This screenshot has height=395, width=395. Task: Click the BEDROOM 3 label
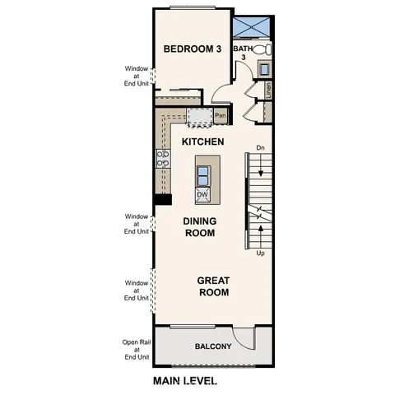pyautogui.click(x=192, y=49)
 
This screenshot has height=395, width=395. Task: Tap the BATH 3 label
pyautogui.click(x=243, y=54)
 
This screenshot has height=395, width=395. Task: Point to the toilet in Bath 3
pyautogui.click(x=263, y=50)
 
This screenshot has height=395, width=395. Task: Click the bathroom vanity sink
pyautogui.click(x=265, y=69)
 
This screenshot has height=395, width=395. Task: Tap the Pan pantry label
pyautogui.click(x=220, y=116)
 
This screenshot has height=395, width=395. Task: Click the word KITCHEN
pyautogui.click(x=202, y=142)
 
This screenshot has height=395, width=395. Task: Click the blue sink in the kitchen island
pyautogui.click(x=202, y=173)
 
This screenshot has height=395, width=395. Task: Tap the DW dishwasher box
pyautogui.click(x=202, y=195)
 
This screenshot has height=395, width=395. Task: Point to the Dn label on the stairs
pyautogui.click(x=260, y=148)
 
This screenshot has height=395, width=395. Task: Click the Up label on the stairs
pyautogui.click(x=260, y=253)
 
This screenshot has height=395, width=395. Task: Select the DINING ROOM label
pyautogui.click(x=199, y=227)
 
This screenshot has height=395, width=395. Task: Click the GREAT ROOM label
pyautogui.click(x=212, y=286)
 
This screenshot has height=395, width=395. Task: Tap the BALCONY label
pyautogui.click(x=212, y=346)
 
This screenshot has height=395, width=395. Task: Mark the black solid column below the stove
pyautogui.click(x=162, y=198)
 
